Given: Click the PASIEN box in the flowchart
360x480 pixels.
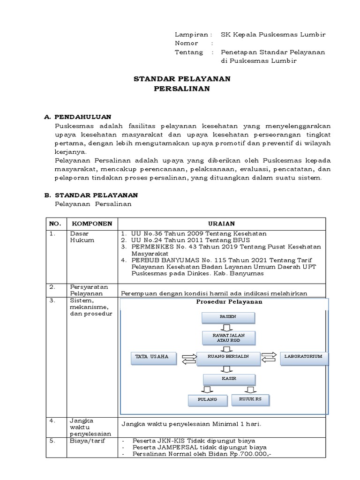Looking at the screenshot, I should click(x=228, y=317).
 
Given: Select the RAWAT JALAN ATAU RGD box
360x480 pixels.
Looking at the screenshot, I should click(x=228, y=338).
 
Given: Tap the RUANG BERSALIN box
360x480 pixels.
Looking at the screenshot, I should click(x=228, y=357).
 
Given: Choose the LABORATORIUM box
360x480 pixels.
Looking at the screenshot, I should click(x=304, y=357).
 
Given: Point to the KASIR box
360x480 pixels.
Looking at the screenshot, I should click(x=229, y=378).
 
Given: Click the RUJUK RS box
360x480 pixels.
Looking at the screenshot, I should click(x=250, y=399).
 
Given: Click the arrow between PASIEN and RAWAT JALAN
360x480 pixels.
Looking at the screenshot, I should click(x=228, y=327).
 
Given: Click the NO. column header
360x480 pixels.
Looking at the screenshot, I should click(x=56, y=224).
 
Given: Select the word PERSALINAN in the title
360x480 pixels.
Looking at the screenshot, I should click(x=182, y=88).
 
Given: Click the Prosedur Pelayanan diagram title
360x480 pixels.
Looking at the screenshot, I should click(x=229, y=302).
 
